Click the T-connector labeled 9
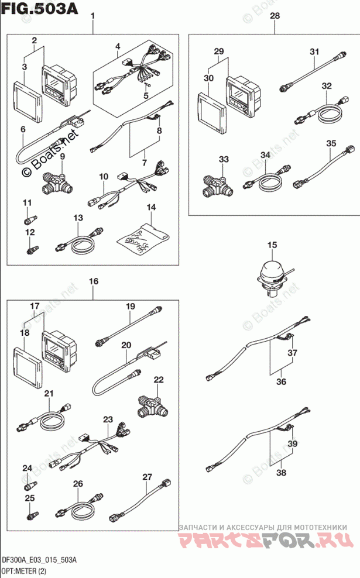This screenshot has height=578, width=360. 56,183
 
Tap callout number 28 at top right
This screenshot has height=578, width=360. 275,16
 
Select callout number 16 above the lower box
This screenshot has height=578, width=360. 93,282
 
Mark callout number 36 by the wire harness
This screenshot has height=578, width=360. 281,383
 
